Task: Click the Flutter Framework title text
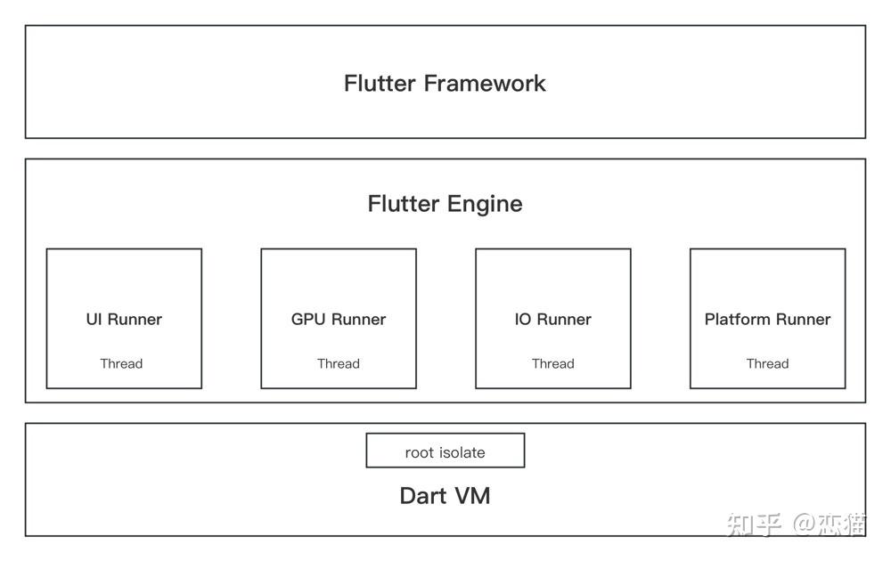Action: [x=445, y=84]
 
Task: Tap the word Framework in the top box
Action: [x=485, y=84]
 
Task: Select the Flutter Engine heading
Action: [x=445, y=204]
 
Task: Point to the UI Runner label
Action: [x=124, y=319]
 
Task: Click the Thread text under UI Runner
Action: [x=121, y=363]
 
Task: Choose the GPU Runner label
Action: [x=339, y=319]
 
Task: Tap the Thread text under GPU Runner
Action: [x=339, y=363]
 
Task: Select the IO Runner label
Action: [x=552, y=319]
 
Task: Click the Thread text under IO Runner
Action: [x=552, y=363]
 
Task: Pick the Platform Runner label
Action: [x=767, y=319]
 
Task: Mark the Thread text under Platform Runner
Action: [x=767, y=363]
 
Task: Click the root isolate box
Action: [x=445, y=451]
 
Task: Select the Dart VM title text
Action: [x=445, y=496]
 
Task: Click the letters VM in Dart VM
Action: [x=472, y=496]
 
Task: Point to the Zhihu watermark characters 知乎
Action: [x=754, y=524]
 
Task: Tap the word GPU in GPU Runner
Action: [x=308, y=319]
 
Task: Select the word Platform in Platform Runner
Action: [x=739, y=319]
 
